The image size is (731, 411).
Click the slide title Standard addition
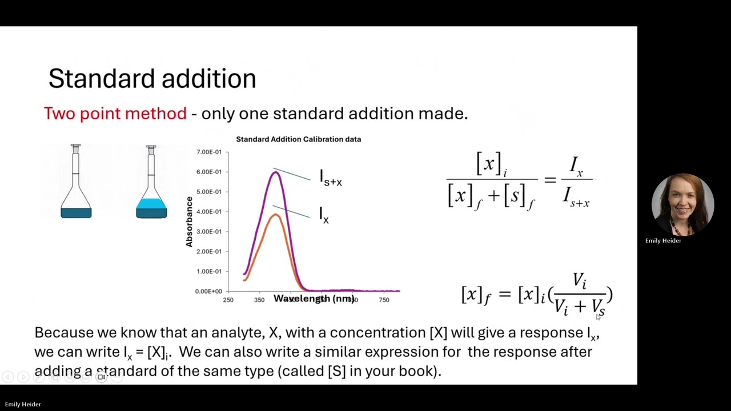coord(152,79)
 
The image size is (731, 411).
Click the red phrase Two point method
coord(115,114)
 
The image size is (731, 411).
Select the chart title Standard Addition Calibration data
coord(298,139)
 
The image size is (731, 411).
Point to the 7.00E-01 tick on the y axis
coord(209,152)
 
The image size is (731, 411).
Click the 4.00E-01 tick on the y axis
coord(209,212)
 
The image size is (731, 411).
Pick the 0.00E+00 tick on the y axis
coord(208,291)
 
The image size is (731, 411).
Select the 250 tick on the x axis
coord(228,300)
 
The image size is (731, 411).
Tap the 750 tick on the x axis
coord(384,300)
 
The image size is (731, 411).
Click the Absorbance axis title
coord(189,221)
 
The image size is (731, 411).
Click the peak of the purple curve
coord(276,172)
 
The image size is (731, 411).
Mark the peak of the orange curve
coord(275,215)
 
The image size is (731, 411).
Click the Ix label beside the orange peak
coord(324,215)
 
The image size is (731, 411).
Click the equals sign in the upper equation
coord(550,180)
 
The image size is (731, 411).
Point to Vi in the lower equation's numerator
coord(579,280)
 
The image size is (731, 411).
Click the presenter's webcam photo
coord(682,204)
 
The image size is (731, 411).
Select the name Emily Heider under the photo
coord(663,241)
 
